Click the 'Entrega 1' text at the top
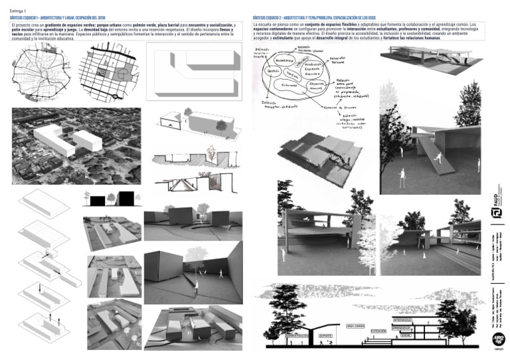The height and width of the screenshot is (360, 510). [x=18, y=11]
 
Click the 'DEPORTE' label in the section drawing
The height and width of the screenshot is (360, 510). [x=327, y=335]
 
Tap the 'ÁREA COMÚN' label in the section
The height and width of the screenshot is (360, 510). [x=357, y=325]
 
